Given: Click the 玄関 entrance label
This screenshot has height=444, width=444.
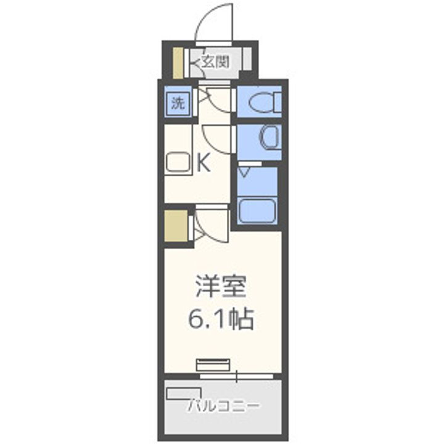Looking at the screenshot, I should (x=216, y=61).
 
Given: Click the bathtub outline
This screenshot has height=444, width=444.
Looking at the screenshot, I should (x=257, y=210).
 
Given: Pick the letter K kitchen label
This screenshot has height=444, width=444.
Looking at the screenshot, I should (x=203, y=163).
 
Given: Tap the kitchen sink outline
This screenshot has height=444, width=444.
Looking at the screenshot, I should (x=179, y=162).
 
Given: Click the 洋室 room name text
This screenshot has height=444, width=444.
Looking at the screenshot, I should (x=221, y=287).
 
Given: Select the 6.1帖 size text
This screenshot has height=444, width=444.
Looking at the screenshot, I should (x=221, y=318).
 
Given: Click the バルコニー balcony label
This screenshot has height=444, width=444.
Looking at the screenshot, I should (x=223, y=406).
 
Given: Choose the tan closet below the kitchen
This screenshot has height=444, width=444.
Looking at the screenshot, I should (x=176, y=228).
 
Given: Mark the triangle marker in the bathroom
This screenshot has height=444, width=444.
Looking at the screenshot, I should (x=245, y=167).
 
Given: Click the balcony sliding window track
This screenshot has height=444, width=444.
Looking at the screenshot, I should (x=237, y=374).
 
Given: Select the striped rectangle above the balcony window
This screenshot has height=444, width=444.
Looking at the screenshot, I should (x=213, y=364).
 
